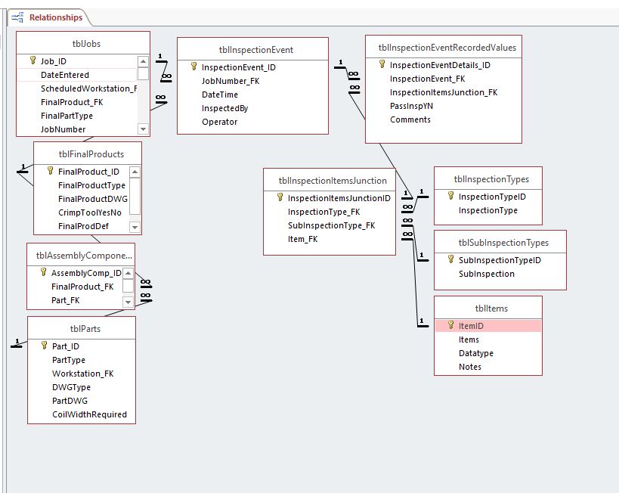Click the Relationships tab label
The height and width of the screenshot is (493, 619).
pyautogui.click(x=56, y=17)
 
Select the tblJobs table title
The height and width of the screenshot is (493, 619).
pyautogui.click(x=86, y=44)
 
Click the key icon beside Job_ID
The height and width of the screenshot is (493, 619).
pyautogui.click(x=33, y=60)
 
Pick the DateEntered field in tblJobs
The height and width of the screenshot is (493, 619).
pyautogui.click(x=65, y=75)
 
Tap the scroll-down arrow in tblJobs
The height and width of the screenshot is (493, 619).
pyautogui.click(x=143, y=129)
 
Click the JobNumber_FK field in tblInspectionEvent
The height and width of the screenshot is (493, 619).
pyautogui.click(x=231, y=81)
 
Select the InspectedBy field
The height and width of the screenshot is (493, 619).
pyautogui.click(x=224, y=108)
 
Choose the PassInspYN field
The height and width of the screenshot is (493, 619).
pyautogui.click(x=411, y=106)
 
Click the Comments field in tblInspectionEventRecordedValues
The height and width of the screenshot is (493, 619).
pyautogui.click(x=410, y=119)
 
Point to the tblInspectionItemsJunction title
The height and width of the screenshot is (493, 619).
pyautogui.click(x=333, y=181)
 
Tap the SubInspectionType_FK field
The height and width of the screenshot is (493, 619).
pyautogui.click(x=331, y=225)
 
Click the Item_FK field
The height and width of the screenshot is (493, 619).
pyautogui.click(x=302, y=239)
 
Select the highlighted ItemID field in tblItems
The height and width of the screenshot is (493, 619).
pyautogui.click(x=471, y=326)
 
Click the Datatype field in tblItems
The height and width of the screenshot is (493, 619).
pyautogui.click(x=475, y=353)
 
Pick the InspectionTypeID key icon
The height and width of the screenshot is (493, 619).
pyautogui.click(x=450, y=196)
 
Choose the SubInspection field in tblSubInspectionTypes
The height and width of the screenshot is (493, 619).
pyautogui.click(x=487, y=274)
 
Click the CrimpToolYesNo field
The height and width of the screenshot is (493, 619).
pyautogui.click(x=90, y=212)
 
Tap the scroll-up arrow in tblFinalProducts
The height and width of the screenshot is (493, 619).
pyautogui.click(x=135, y=172)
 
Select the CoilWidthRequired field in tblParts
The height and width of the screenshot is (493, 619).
pyautogui.click(x=89, y=414)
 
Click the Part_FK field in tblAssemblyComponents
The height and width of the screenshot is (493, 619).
pyautogui.click(x=65, y=300)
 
